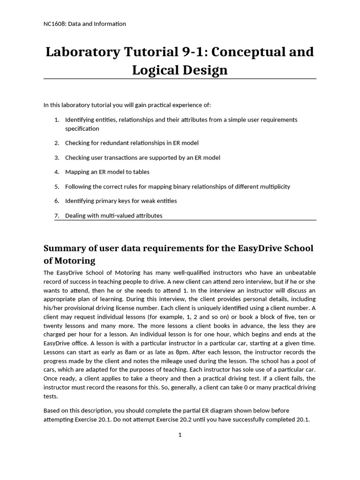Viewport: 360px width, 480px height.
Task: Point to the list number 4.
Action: click(x=56, y=172)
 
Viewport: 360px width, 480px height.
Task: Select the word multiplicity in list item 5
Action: click(x=274, y=187)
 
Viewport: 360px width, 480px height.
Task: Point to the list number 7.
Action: click(x=56, y=216)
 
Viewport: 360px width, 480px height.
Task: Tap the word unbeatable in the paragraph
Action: click(x=300, y=273)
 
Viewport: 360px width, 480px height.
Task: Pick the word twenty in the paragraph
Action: click(x=52, y=326)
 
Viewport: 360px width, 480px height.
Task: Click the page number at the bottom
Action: click(x=180, y=435)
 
